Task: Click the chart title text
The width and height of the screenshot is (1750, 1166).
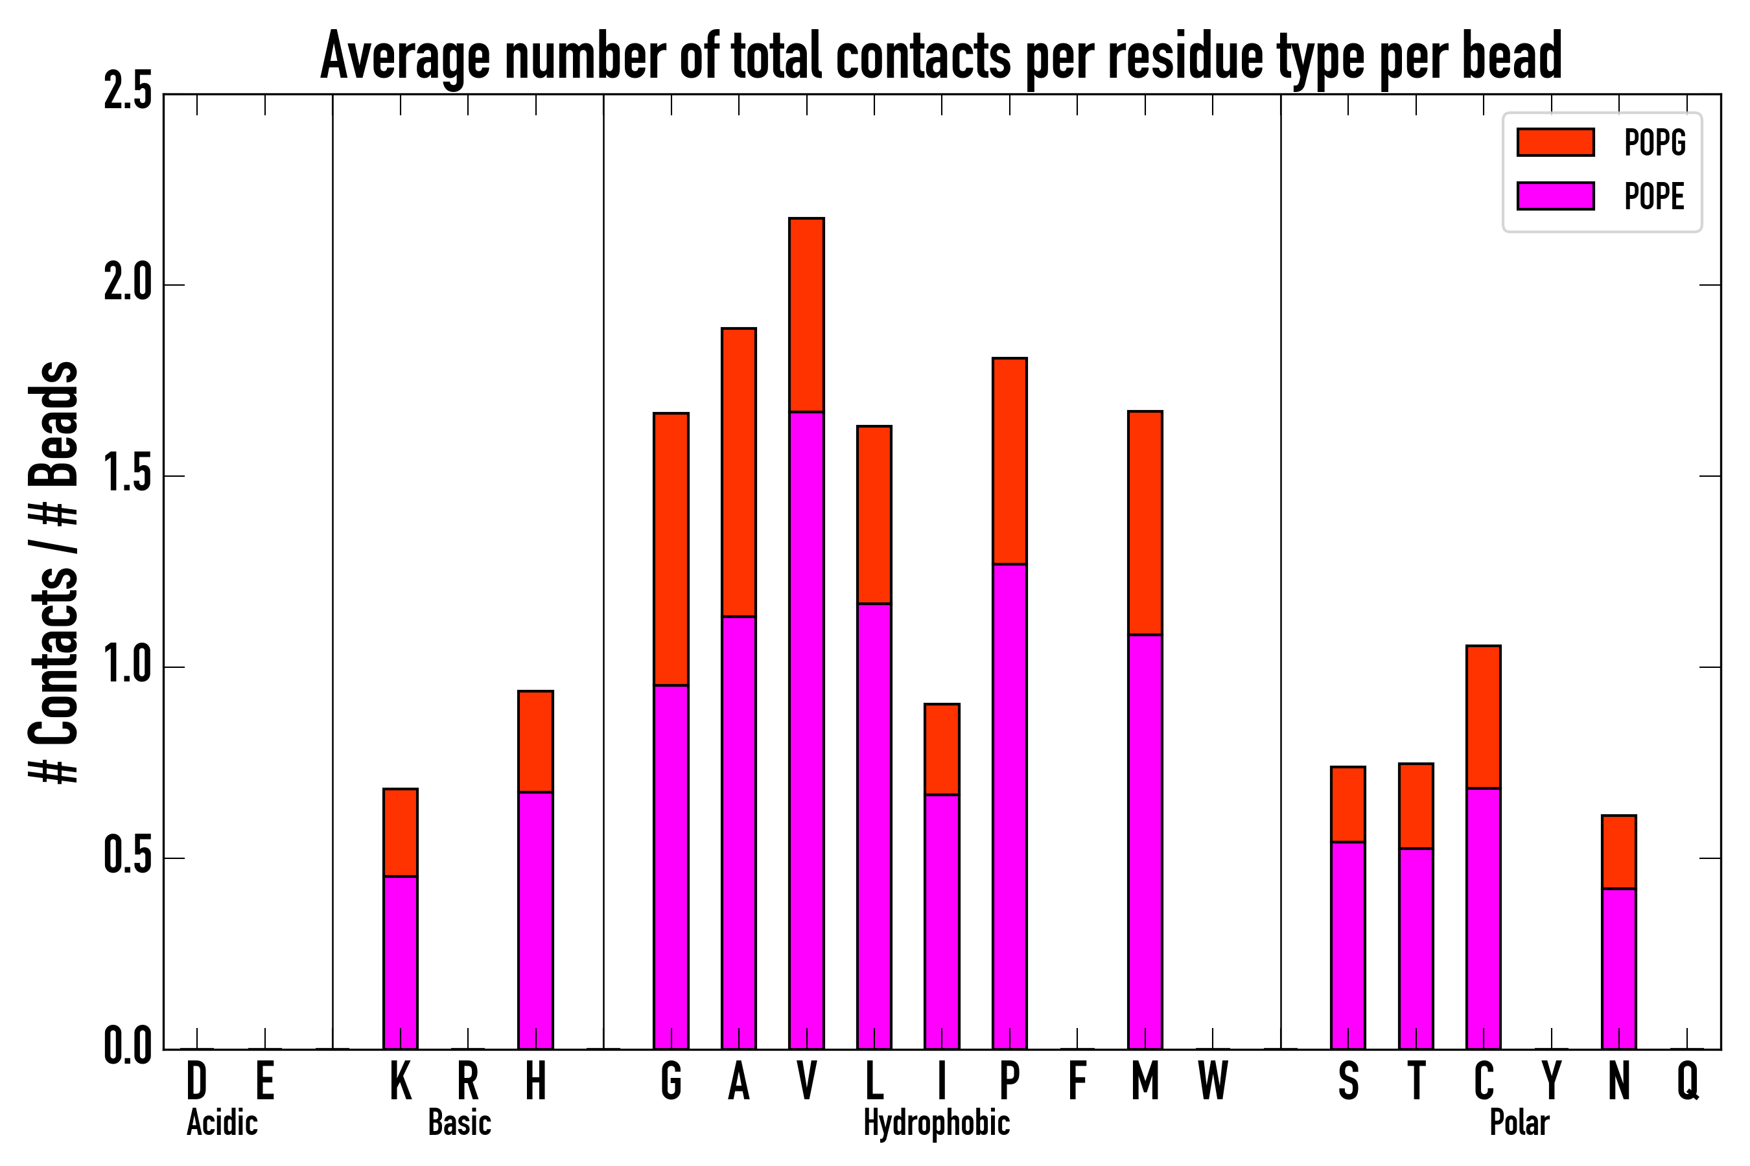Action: click(940, 56)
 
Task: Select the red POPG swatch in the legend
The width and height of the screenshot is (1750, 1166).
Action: click(1555, 142)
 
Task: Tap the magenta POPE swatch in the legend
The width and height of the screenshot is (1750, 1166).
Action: click(1555, 196)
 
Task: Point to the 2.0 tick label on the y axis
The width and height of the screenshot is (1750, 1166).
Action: click(127, 285)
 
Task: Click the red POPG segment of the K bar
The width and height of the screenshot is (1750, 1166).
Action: click(401, 833)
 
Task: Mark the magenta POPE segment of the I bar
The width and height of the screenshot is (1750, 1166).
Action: click(942, 922)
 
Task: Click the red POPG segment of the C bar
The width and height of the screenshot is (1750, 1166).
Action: click(1484, 717)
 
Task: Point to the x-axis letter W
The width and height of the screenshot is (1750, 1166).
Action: click(1213, 1081)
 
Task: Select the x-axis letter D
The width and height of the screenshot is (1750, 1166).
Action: click(196, 1081)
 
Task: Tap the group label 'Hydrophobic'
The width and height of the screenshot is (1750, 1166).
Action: click(937, 1123)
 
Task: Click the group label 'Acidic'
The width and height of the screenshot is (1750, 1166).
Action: click(222, 1123)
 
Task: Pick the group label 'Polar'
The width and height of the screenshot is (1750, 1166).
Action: click(1519, 1123)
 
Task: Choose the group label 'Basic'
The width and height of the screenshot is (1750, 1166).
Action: click(460, 1123)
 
